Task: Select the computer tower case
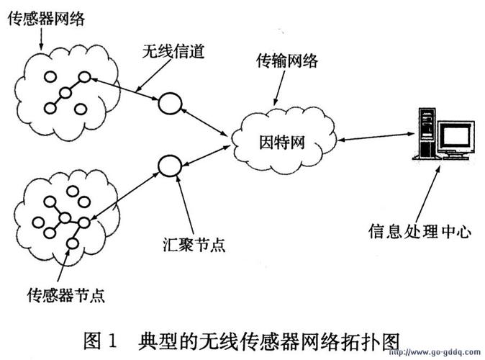[426, 133]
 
